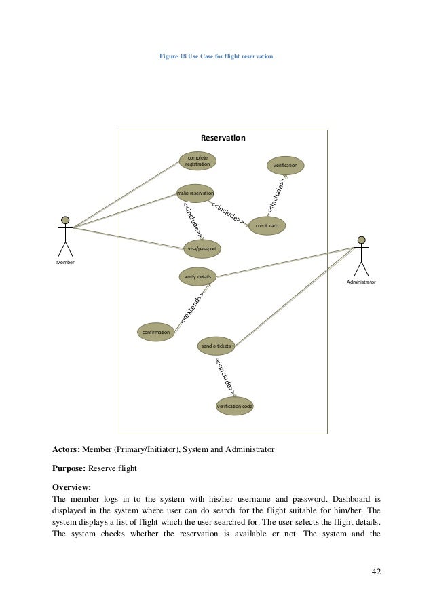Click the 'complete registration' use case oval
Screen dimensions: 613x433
click(197, 161)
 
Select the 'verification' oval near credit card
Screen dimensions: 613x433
click(285, 166)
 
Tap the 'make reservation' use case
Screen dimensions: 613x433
click(195, 194)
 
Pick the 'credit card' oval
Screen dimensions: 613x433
click(267, 225)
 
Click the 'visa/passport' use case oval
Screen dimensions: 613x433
click(202, 249)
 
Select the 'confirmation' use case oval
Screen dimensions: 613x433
click(155, 332)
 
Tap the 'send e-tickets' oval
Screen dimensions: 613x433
click(216, 346)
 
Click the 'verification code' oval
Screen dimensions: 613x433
click(234, 406)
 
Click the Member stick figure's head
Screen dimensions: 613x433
click(65, 220)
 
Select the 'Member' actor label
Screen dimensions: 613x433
click(65, 262)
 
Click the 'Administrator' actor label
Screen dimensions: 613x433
click(361, 281)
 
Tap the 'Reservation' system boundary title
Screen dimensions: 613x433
click(223, 138)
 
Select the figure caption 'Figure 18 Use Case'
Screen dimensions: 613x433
click(216, 56)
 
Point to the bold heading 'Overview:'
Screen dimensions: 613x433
click(71, 487)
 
